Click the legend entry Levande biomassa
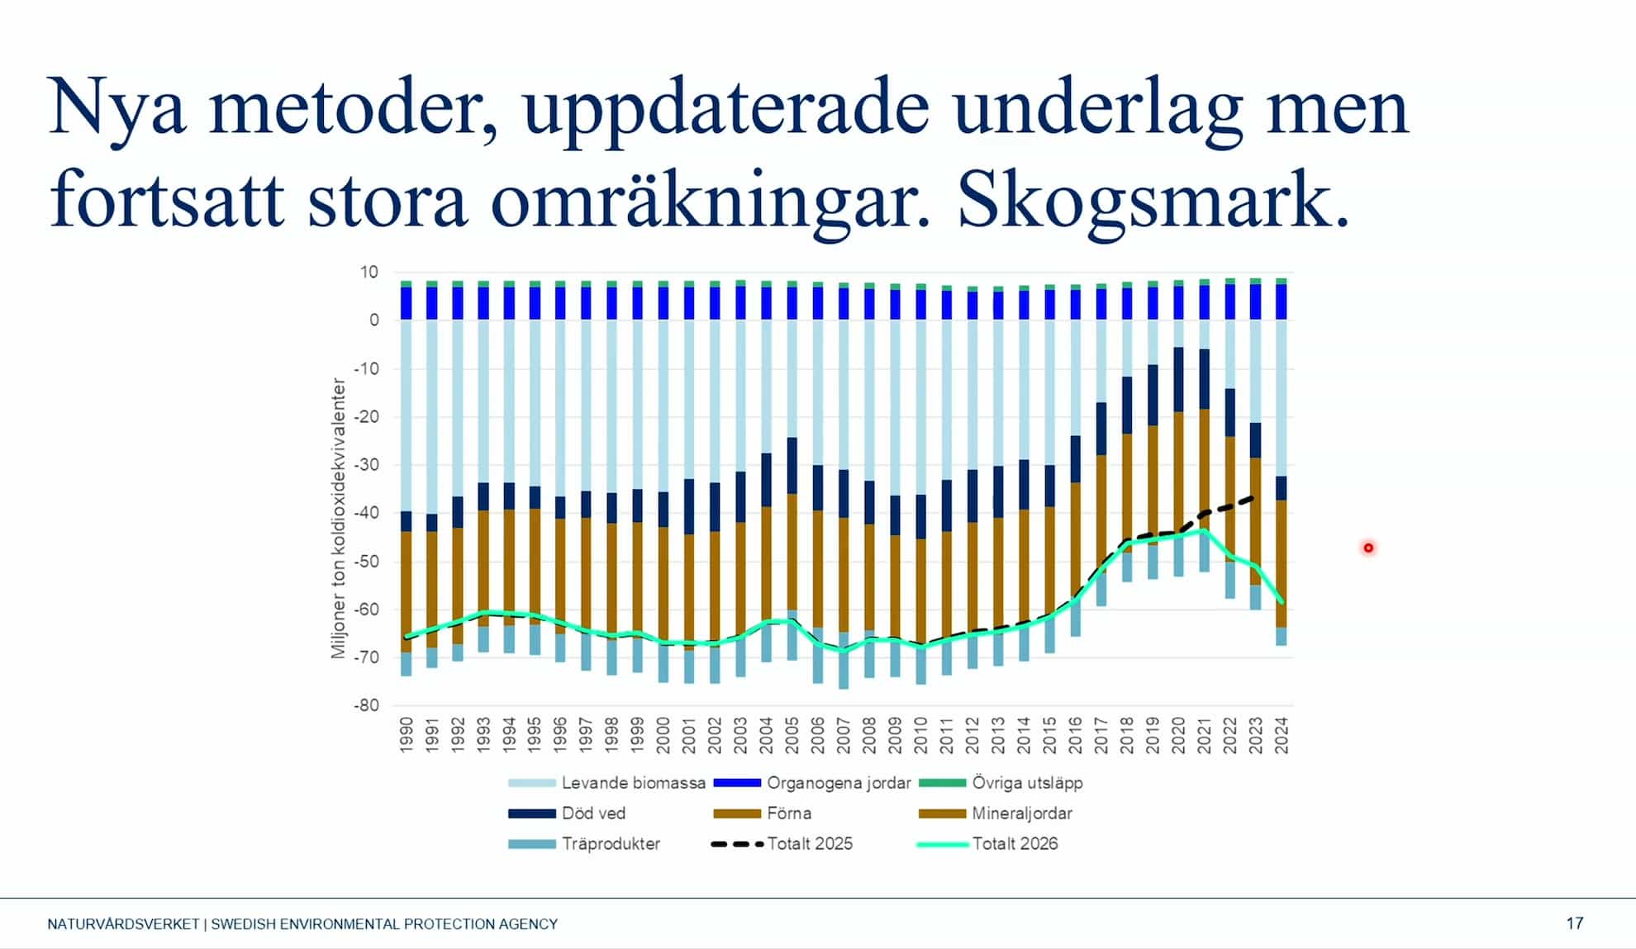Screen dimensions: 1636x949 [607, 782]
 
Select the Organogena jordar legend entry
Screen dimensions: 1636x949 [812, 782]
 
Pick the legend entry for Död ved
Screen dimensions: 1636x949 [567, 813]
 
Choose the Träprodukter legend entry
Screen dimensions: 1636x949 [584, 843]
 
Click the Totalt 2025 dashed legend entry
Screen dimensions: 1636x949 [782, 843]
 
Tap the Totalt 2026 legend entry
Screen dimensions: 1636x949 [987, 843]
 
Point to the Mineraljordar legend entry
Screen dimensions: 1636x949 [996, 813]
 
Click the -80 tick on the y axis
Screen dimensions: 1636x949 [367, 705]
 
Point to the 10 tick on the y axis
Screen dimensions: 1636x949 [369, 272]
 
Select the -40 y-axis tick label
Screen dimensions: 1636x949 [367, 512]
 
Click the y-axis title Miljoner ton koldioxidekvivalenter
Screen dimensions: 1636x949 [338, 518]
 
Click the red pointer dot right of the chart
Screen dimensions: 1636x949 [1368, 548]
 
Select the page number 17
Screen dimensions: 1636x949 [1575, 923]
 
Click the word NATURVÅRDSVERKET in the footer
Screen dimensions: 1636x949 [123, 924]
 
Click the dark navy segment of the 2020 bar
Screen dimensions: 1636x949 [1178, 380]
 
